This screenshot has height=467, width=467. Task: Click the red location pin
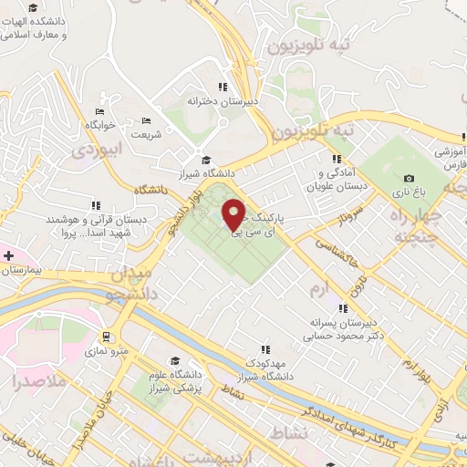tap(234, 213)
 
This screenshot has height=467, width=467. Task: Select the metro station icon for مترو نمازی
tap(109, 335)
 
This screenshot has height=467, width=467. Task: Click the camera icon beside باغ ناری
tap(409, 177)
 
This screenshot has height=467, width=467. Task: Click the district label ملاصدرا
tap(42, 381)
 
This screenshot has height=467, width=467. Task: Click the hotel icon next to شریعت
tap(146, 120)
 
